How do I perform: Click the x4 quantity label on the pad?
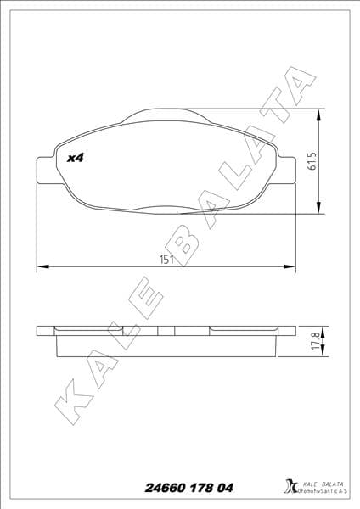76,157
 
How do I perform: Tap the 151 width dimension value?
166,260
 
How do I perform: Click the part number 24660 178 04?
178,487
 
